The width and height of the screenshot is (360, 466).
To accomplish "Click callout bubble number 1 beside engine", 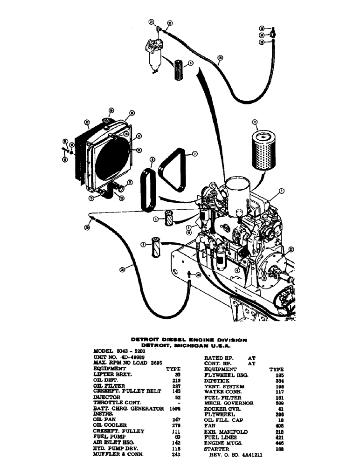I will [x=282, y=191].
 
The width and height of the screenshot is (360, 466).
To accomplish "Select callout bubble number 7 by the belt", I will [x=195, y=152].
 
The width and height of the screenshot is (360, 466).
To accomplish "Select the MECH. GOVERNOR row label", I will [x=228, y=403].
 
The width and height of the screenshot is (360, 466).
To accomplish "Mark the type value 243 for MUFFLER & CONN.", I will [x=176, y=453].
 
